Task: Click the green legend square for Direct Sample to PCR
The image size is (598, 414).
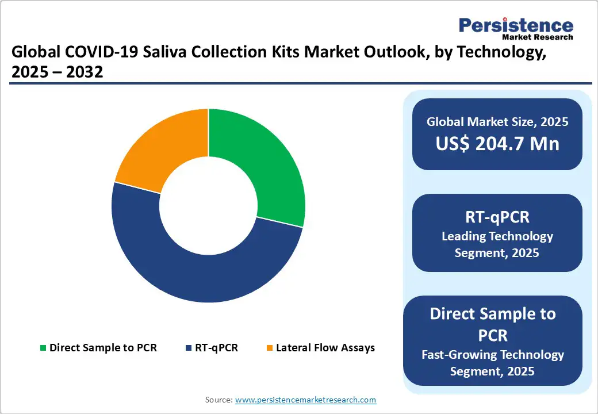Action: point(43,348)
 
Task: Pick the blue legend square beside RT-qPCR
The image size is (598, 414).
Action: point(189,348)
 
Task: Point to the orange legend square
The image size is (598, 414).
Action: point(270,348)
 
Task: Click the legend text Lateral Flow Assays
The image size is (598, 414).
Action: point(325,348)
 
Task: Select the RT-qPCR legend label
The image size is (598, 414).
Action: point(216,348)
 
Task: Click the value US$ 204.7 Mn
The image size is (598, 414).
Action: point(497,143)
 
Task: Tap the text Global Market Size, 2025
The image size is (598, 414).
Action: point(497,122)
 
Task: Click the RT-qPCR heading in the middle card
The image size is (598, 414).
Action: point(497,217)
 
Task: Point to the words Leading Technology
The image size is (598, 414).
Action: point(497,236)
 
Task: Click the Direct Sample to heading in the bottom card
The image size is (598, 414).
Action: point(493,314)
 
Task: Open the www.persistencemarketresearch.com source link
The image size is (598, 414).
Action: point(306,400)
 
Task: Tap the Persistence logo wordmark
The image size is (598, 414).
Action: point(516,25)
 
